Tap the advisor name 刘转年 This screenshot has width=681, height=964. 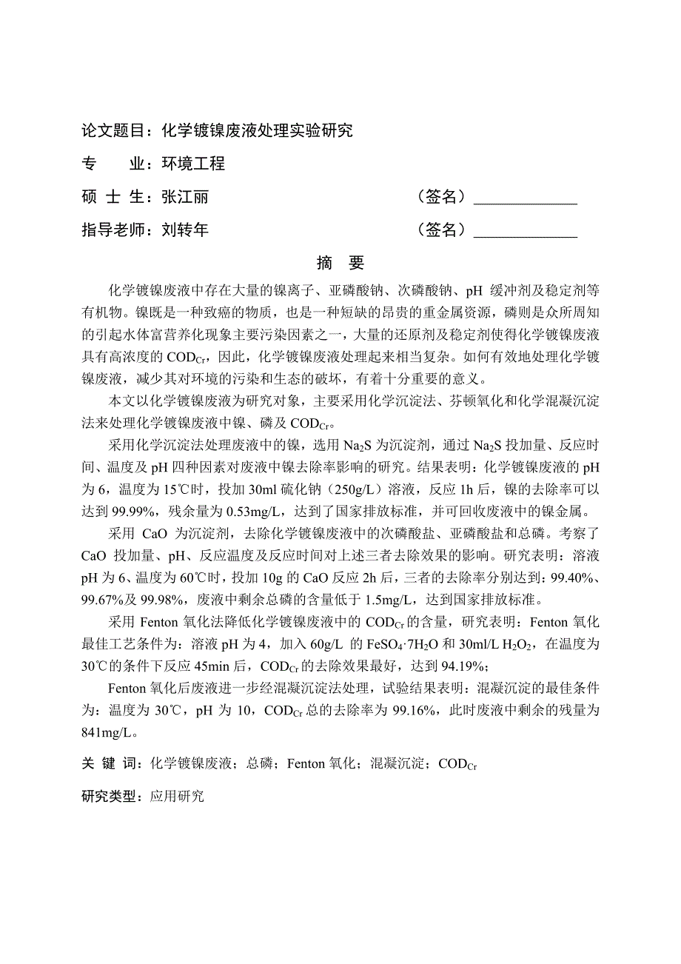pos(185,230)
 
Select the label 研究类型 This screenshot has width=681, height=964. pos(111,797)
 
